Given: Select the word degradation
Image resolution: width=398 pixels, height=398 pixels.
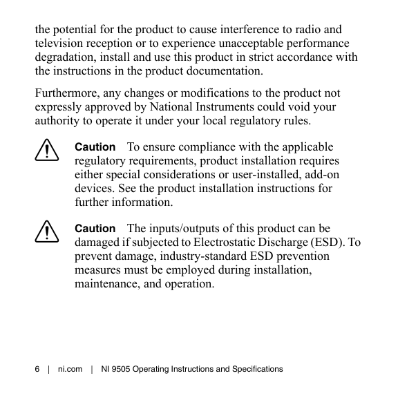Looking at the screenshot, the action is tap(66, 57).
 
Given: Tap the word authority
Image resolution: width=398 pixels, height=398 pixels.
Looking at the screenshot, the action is tap(58, 121).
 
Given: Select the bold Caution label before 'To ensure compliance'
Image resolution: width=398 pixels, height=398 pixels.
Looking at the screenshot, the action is tap(95, 147).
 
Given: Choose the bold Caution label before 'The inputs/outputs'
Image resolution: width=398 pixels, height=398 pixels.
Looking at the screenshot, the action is tap(95, 228).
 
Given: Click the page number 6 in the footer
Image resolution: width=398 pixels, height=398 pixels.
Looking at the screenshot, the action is tap(37, 369).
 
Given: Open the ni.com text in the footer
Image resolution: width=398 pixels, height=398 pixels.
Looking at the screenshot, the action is tap(70, 369).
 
